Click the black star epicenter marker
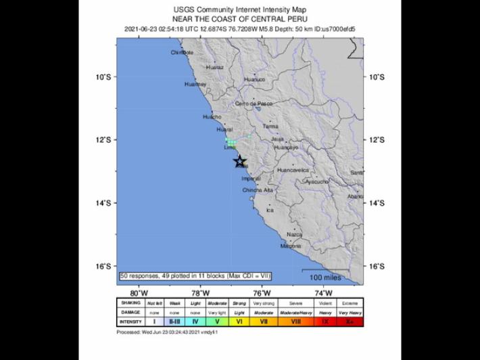(240, 161)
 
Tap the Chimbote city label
(182, 52)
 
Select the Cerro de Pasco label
(254, 104)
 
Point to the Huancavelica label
(293, 171)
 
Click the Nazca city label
(294, 234)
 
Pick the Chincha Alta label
(258, 191)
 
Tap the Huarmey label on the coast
(195, 85)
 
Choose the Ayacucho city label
(316, 182)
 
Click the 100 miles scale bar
(326, 275)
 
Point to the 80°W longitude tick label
(139, 292)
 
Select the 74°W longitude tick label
(324, 292)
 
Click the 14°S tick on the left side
(103, 203)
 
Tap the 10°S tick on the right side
(376, 77)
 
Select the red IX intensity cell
(325, 322)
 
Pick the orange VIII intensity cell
(295, 322)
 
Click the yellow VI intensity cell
(239, 322)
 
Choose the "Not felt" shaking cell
(155, 302)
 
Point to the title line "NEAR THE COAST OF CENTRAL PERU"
(240, 19)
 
